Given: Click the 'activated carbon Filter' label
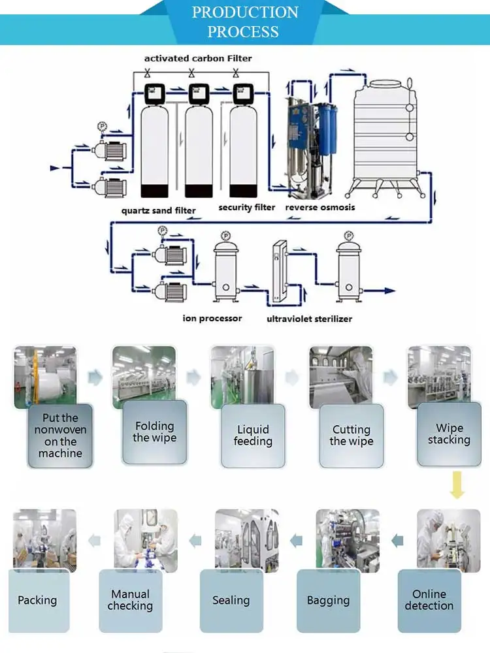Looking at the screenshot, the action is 198,58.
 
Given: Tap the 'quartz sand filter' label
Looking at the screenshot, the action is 158,211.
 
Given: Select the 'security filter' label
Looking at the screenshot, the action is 247,208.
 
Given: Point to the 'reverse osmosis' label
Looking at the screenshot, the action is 320,208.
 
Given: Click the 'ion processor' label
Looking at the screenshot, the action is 212,319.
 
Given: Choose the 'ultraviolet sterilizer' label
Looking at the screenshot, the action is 309,319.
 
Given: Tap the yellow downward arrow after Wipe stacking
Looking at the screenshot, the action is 457,485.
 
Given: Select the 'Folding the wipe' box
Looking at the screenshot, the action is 155,432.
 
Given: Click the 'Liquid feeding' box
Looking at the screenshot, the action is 253,436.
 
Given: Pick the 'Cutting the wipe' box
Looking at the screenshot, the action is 351,436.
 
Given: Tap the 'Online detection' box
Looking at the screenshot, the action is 429,601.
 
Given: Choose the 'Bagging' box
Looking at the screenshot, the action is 329,601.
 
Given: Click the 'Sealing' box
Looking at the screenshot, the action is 231,601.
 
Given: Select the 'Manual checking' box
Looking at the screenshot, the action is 131,601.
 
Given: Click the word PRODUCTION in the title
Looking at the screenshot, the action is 245,12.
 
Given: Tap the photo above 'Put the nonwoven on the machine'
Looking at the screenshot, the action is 46,377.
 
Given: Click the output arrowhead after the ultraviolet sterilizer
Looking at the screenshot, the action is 389,291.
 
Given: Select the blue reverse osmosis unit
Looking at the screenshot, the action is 310,148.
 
